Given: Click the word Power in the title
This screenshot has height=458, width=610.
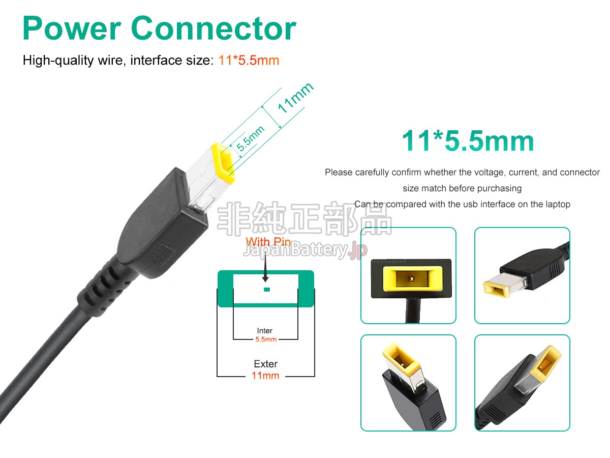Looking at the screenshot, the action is click(72, 28).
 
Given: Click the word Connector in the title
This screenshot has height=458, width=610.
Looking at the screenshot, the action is click(213, 28).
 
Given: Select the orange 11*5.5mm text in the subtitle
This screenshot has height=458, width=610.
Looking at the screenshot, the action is click(249, 61).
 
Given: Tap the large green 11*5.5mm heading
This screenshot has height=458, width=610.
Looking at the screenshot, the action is click(468, 141).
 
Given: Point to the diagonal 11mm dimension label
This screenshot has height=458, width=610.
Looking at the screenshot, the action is click(296, 98).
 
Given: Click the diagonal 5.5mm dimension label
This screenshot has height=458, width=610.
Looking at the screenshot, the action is click(250, 138).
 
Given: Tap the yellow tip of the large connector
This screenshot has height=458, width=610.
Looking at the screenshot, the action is click(223, 163).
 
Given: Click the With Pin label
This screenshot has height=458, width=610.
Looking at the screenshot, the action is click(268, 242).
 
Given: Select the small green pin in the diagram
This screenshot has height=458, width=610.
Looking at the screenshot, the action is click(267, 290).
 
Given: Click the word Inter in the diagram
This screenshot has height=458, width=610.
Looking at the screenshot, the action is click(264, 331).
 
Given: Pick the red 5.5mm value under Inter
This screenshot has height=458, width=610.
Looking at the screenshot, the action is click(266, 339).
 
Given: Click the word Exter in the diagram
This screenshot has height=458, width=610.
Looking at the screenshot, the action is click(266, 364).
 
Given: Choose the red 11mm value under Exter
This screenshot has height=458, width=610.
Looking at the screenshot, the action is click(265, 376).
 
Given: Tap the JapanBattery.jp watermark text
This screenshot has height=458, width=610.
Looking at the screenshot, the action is click(305, 250).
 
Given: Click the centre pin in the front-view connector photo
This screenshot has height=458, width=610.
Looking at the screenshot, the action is click(412, 279).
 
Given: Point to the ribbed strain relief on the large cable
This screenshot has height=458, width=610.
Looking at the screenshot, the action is click(103, 289).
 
